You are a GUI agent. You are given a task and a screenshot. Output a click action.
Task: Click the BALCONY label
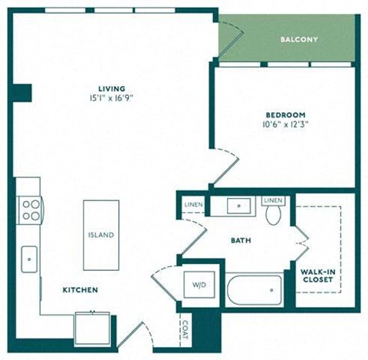pyautogui.click(x=299, y=39)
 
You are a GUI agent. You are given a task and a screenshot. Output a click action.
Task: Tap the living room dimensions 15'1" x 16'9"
pyautogui.click(x=112, y=98)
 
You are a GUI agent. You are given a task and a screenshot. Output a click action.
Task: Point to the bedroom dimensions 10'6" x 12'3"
pyautogui.click(x=285, y=124)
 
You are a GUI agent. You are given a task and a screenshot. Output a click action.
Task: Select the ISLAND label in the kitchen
pyautogui.click(x=101, y=235)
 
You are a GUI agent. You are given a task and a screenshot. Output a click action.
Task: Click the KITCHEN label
pyautogui.click(x=80, y=290)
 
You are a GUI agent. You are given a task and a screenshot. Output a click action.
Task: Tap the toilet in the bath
pyautogui.click(x=273, y=215)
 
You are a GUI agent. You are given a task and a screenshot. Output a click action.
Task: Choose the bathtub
pyautogui.click(x=255, y=290)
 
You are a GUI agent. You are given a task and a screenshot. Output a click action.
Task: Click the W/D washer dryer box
pyautogui.click(x=199, y=285)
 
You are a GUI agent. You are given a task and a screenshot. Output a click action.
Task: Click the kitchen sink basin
pyautogui.click(x=29, y=259)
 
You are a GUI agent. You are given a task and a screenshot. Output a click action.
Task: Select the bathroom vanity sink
pyautogui.click(x=239, y=206)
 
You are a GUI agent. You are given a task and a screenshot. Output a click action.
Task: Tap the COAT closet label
pyautogui.click(x=185, y=330)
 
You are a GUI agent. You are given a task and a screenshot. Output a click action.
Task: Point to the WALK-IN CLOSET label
pyautogui.click(x=318, y=276)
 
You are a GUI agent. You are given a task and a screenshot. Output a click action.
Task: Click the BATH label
pyautogui.click(x=241, y=240)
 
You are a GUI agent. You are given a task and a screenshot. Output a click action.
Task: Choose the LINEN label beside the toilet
pyautogui.click(x=273, y=200)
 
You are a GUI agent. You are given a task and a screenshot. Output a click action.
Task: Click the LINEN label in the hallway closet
pyautogui.click(x=193, y=204)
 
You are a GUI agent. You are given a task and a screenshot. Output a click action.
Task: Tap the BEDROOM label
pyautogui.click(x=285, y=115)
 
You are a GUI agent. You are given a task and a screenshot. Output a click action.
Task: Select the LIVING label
pyautogui.click(x=112, y=89)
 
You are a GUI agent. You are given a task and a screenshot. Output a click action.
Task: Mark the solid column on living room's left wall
pyautogui.click(x=22, y=93)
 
